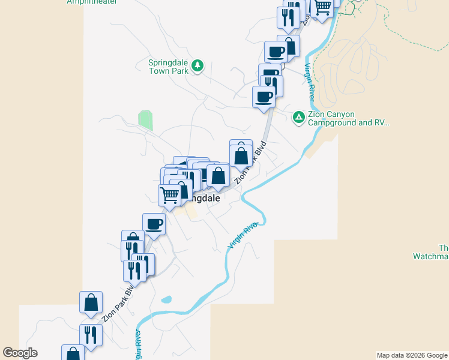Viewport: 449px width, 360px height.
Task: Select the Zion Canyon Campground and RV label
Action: (348, 118)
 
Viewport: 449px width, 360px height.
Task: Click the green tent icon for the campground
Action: (298, 117)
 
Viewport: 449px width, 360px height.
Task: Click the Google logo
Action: (20, 353)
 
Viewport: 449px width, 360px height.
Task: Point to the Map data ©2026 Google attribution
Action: (412, 355)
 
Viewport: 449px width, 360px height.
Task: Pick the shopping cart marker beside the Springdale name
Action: (170, 195)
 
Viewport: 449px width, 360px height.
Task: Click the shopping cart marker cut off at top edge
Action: (323, 7)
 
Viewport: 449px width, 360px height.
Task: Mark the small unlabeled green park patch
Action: (145, 120)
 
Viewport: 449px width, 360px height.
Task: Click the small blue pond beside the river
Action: (166, 299)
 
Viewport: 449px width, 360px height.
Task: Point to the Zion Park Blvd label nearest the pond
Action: (117, 304)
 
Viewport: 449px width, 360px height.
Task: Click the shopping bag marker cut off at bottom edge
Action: (73, 354)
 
